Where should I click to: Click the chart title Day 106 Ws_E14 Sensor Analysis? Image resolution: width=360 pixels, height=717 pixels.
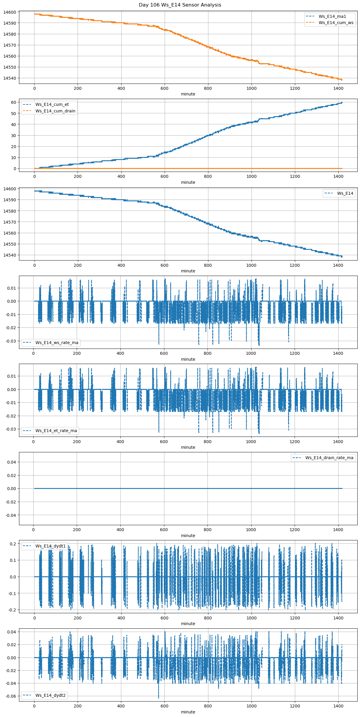point(180,5)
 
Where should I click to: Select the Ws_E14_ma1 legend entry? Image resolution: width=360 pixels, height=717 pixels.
point(332,16)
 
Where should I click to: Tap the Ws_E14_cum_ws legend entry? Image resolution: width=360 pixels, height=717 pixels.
point(336,23)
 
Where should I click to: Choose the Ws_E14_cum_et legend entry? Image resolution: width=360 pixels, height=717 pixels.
point(52,104)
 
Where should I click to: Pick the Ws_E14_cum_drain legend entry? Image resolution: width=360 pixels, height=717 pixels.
point(55,111)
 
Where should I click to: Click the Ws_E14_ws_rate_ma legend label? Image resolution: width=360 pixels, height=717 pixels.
point(57,343)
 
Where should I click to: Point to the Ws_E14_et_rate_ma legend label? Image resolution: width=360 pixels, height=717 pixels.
point(56,431)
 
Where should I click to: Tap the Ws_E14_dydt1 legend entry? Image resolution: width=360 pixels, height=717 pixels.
point(51,546)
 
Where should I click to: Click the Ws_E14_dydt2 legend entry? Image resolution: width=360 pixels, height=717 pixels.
point(51,695)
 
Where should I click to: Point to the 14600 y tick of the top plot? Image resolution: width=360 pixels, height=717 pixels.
point(10,12)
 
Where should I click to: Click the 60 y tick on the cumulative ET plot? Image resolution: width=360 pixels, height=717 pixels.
point(13,102)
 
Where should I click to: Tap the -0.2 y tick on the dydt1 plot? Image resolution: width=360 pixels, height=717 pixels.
point(12,610)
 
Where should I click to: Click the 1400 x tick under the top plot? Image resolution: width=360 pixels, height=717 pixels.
point(338,88)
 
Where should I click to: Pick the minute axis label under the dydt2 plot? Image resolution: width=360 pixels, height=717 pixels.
point(188,712)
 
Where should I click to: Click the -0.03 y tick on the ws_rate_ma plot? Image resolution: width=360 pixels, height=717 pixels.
point(11,341)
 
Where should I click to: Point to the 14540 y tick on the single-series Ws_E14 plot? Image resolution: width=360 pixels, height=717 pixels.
point(10,255)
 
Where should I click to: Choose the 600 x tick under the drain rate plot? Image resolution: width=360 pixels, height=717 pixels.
point(164,530)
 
